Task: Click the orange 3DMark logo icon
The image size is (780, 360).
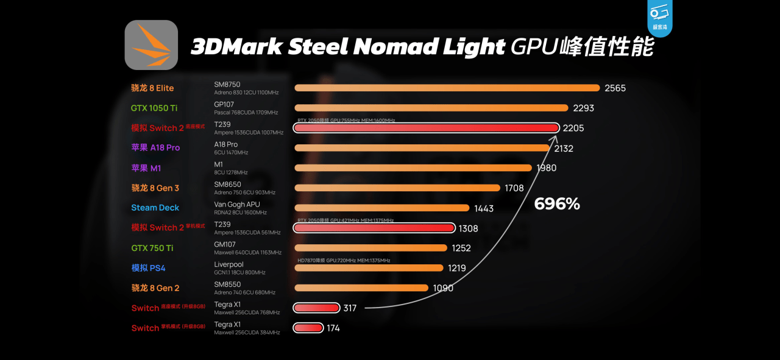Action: (x=151, y=45)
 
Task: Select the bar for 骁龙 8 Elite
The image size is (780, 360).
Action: (x=447, y=88)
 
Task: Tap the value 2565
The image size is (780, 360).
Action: (x=615, y=88)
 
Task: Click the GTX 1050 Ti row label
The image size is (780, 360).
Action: (x=154, y=108)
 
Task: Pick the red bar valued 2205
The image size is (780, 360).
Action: (x=426, y=128)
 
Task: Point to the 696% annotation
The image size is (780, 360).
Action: (x=557, y=204)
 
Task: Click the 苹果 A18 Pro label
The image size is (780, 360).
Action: (x=155, y=147)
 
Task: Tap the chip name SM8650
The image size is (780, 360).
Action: (x=227, y=184)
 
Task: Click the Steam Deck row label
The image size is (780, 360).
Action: (x=155, y=208)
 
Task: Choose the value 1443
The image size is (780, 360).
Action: (x=484, y=208)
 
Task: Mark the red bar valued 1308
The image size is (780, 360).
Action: (x=374, y=228)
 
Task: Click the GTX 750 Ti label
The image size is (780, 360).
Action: (x=152, y=248)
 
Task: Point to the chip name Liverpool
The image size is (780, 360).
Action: (x=229, y=264)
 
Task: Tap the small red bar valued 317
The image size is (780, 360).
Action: (x=316, y=308)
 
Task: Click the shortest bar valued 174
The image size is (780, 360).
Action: (x=308, y=328)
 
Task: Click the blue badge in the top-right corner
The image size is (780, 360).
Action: (x=660, y=18)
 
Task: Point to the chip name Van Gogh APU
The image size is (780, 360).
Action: (x=237, y=205)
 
